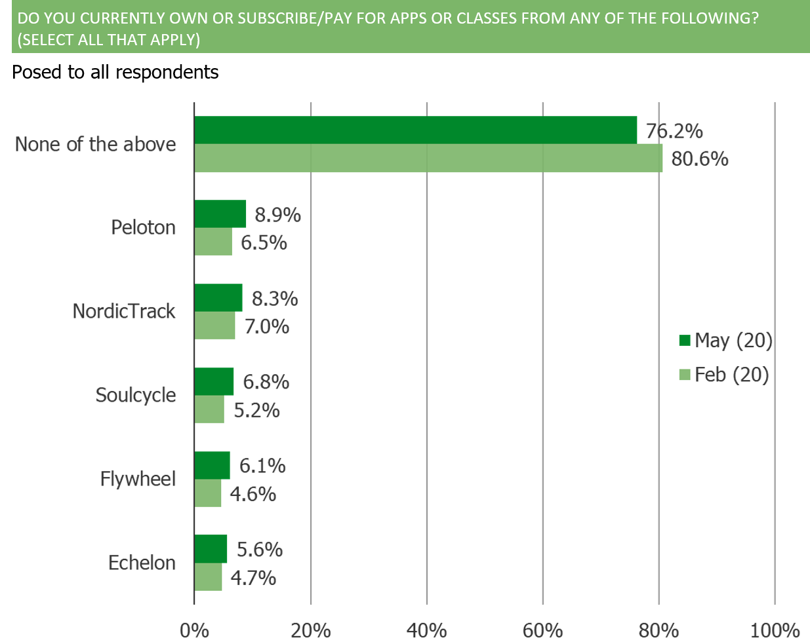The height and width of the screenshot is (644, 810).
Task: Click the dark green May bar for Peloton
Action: (x=220, y=214)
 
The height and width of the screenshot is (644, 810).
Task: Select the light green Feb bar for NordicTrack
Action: (x=215, y=326)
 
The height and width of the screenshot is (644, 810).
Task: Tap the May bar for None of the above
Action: (x=416, y=130)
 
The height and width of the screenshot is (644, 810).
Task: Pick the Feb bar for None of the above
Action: (x=429, y=159)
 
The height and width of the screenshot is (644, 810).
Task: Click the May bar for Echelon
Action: (x=211, y=549)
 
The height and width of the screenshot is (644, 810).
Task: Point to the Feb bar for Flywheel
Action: (x=209, y=493)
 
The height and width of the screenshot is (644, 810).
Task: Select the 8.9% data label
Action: (x=277, y=214)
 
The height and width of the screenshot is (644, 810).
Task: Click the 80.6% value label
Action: (x=699, y=159)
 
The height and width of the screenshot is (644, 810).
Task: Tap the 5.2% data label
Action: (x=256, y=410)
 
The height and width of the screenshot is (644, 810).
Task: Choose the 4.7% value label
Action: (x=253, y=578)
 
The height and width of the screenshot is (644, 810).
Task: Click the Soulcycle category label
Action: (x=136, y=395)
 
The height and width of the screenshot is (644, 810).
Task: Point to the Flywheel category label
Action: (x=138, y=479)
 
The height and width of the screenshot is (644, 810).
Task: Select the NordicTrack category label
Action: (x=124, y=311)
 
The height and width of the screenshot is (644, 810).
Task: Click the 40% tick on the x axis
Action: (x=427, y=630)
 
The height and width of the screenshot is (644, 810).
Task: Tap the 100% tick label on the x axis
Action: (x=775, y=630)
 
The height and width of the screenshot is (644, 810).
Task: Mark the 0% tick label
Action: (x=194, y=630)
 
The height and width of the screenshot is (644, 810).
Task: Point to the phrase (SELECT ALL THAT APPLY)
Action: (x=108, y=39)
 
